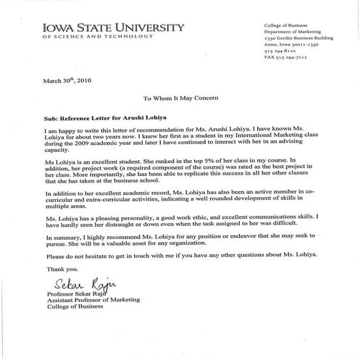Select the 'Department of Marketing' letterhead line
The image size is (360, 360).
tap(291, 31)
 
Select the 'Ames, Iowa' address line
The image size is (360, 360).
tap(293, 44)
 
